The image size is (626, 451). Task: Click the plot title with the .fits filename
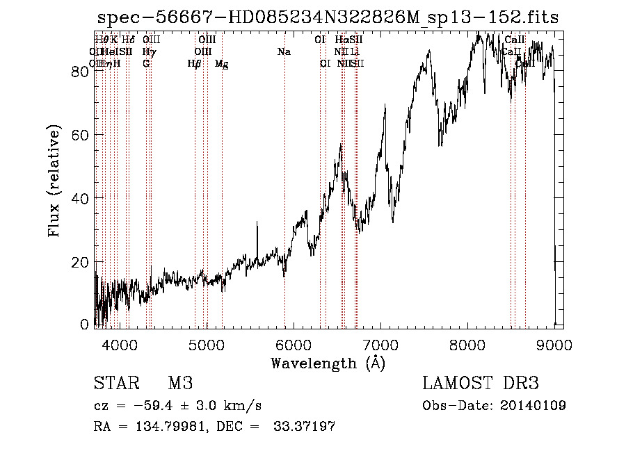(328, 18)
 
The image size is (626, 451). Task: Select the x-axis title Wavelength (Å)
(328, 363)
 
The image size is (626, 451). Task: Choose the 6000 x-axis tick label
(293, 344)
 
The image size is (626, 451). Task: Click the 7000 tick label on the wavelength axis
(380, 344)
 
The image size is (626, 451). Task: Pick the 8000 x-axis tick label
(467, 344)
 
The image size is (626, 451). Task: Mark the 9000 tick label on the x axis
(554, 344)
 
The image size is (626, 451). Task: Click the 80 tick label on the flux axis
(80, 72)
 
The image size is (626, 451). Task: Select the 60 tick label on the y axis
(80, 135)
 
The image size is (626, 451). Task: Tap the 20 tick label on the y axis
(80, 262)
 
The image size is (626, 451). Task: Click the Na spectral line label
(284, 51)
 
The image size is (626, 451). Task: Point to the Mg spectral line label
(222, 64)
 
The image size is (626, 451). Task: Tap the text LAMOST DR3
(480, 384)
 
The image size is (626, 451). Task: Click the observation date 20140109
(533, 406)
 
